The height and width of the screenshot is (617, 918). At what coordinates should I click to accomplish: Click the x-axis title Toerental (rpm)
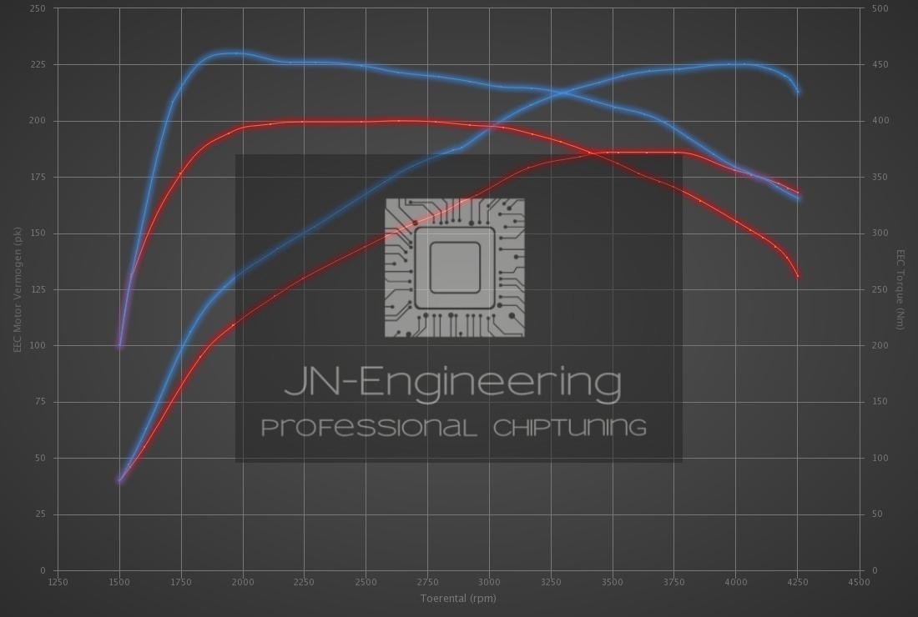[x=458, y=598]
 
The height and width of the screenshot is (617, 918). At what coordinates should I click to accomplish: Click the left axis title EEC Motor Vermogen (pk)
[x=17, y=289]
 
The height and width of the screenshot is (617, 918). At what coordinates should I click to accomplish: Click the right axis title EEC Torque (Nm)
[x=900, y=289]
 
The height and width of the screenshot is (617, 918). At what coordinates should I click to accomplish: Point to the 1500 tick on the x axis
[x=119, y=582]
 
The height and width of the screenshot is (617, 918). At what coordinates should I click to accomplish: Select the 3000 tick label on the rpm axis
[x=489, y=582]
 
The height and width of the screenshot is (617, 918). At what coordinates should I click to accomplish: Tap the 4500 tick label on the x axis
[x=859, y=582]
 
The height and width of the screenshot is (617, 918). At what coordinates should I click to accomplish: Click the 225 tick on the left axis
[x=38, y=64]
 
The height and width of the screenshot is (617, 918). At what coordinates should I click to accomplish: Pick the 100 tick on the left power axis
[x=38, y=345]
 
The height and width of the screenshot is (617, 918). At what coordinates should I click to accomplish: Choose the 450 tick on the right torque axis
[x=880, y=64]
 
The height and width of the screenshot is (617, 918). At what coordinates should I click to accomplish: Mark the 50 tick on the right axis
[x=877, y=514]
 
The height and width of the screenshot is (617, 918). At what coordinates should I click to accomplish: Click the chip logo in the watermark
[x=455, y=268]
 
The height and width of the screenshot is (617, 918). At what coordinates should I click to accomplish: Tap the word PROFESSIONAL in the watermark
[x=368, y=428]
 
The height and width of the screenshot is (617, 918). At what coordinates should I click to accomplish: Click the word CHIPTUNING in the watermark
[x=570, y=428]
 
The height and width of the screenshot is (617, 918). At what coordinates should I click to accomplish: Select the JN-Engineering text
[x=453, y=383]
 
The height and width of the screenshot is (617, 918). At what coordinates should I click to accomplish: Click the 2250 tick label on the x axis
[x=304, y=582]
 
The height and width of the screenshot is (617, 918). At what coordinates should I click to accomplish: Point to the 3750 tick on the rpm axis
[x=674, y=582]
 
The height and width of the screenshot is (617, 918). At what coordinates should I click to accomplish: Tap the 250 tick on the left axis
[x=38, y=8]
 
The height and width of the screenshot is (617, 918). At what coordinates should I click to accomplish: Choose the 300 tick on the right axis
[x=880, y=233]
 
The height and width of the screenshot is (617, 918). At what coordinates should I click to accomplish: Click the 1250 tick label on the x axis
[x=58, y=582]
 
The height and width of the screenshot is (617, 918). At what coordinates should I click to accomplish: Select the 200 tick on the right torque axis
[x=880, y=345]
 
